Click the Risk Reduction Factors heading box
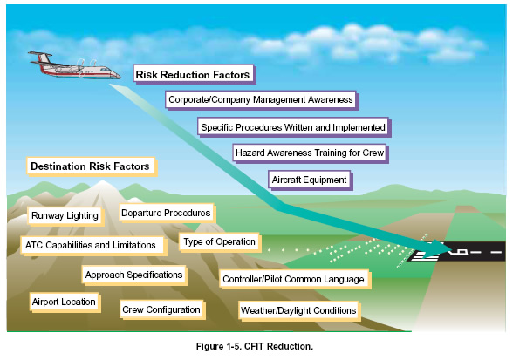coord(195,75)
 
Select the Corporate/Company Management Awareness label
coord(262,100)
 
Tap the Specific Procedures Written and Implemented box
coord(294,127)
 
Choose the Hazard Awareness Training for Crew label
coord(311,153)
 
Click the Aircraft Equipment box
coord(311,180)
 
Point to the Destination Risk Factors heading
coord(92,166)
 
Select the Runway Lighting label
coord(65,216)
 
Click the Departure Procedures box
coord(167,214)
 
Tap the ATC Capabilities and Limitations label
coord(93,246)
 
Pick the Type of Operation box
coord(220,242)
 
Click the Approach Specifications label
coord(134,275)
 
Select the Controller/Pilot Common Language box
coord(295,280)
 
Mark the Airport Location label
coord(65,302)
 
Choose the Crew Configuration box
coord(162,310)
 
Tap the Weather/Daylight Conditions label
coord(299,310)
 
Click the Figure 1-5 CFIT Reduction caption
coord(255,346)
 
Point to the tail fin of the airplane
coord(43,58)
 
